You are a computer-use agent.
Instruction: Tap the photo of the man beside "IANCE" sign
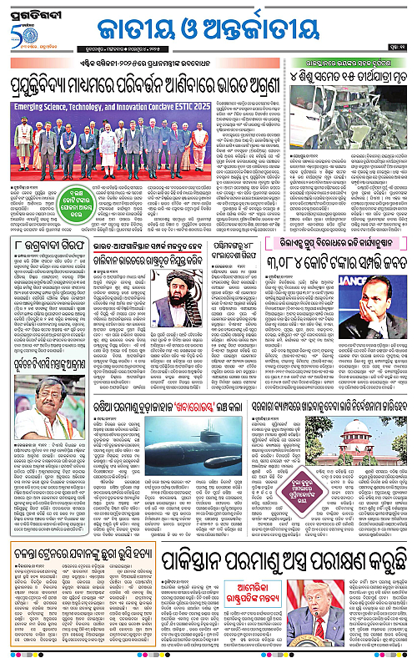tap(384, 326)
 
